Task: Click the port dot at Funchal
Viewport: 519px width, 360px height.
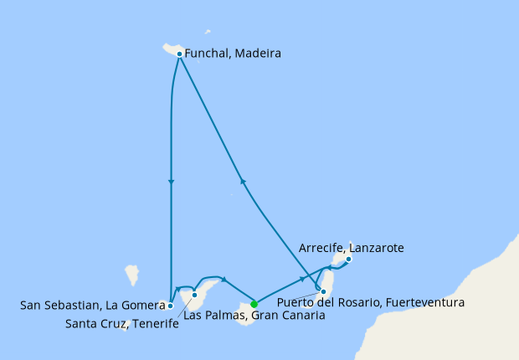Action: click(179, 54)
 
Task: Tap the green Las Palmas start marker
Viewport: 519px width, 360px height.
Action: click(254, 304)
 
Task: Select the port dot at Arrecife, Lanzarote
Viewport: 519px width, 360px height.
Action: click(349, 260)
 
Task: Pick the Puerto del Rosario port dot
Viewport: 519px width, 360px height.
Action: click(323, 291)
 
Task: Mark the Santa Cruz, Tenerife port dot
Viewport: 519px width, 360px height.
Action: click(194, 295)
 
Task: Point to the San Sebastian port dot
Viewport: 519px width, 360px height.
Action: click(170, 306)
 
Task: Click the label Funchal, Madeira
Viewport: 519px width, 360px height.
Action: click(233, 54)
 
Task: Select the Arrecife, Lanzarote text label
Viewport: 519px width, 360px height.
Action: click(352, 248)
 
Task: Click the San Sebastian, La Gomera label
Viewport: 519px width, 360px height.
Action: click(92, 306)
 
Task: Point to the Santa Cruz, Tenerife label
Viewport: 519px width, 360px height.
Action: click(121, 324)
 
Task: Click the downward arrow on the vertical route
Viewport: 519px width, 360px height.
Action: click(171, 183)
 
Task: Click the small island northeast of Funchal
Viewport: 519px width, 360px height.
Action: click(208, 33)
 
